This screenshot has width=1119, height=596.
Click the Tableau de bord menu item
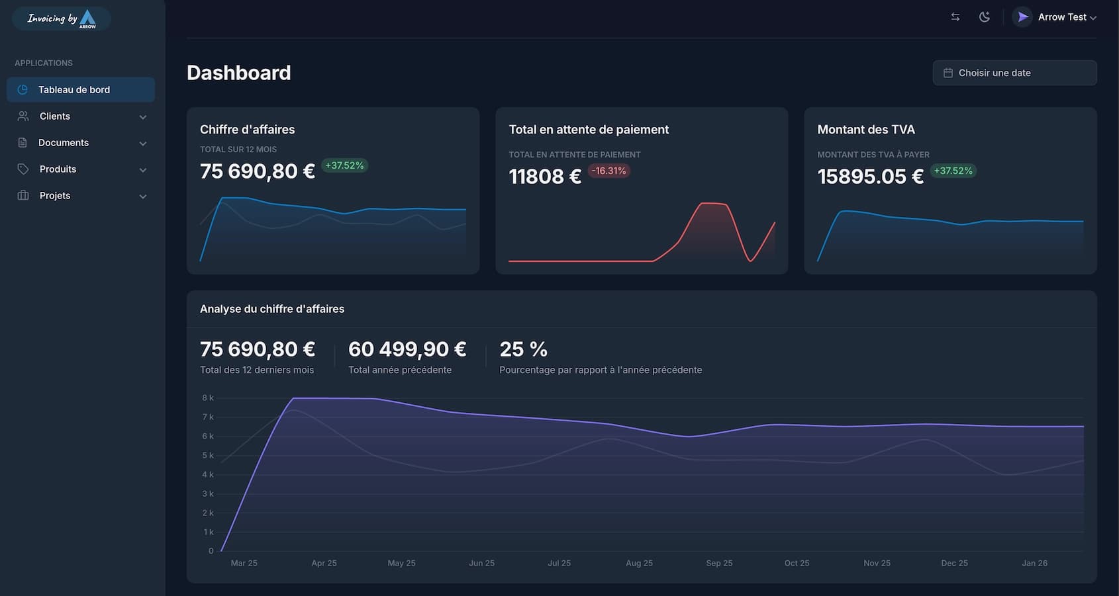(74, 90)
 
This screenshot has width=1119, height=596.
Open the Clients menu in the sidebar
(55, 116)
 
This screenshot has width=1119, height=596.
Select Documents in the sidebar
(64, 143)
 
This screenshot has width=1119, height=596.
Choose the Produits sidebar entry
(58, 169)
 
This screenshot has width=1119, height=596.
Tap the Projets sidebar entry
(55, 196)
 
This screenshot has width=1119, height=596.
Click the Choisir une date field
(1014, 73)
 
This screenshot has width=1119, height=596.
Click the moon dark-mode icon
(985, 17)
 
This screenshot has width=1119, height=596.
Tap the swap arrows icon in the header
(955, 17)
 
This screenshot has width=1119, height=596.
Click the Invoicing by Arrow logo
(62, 19)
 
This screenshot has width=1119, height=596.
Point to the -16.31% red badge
(608, 171)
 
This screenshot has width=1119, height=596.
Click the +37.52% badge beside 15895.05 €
(953, 171)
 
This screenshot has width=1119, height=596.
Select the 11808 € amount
(544, 177)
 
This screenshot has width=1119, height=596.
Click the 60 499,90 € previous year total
(407, 349)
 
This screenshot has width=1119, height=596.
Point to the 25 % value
(523, 349)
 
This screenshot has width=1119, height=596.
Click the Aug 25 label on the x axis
(639, 563)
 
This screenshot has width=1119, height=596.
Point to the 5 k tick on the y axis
(208, 456)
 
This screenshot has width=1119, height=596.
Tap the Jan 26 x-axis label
(1034, 563)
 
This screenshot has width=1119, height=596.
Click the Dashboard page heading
(238, 73)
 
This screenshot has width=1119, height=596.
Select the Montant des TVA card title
(866, 130)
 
